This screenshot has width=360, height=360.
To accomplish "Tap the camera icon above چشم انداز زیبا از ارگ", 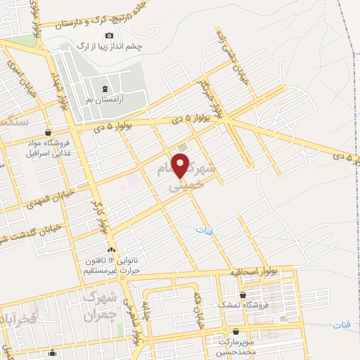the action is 108,36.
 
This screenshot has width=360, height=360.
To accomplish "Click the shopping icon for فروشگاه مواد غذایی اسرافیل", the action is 47,131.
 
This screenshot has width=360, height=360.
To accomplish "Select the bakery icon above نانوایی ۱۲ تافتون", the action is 110,250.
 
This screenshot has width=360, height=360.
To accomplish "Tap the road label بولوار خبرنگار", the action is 213,99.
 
